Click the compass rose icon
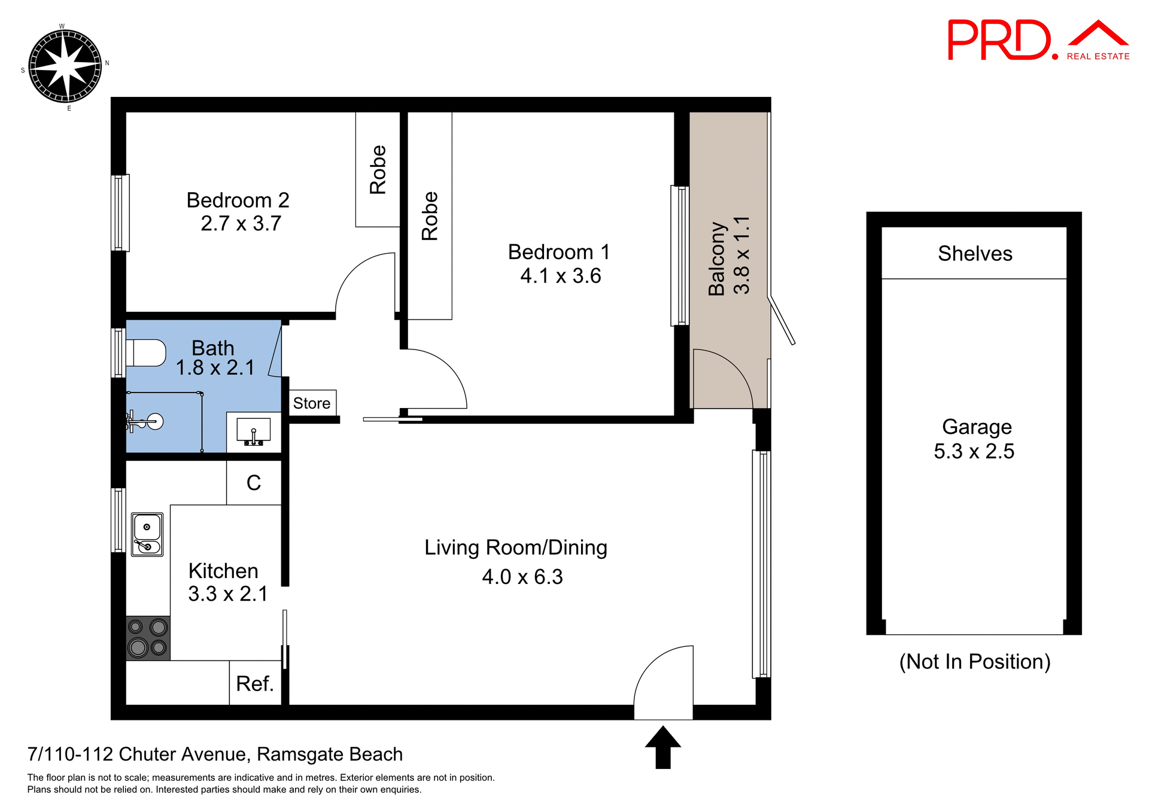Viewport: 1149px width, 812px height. pos(65,66)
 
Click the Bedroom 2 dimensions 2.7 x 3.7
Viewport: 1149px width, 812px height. pos(241,224)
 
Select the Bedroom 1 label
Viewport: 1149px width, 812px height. pos(559,252)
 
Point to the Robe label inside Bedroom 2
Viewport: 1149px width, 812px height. pos(378,169)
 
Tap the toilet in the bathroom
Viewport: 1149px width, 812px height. pos(146,352)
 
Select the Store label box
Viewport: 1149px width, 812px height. pos(312,403)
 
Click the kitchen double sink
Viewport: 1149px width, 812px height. pos(147,534)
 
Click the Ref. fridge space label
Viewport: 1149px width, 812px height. pos(255,683)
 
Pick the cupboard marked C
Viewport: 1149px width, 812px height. pos(254,483)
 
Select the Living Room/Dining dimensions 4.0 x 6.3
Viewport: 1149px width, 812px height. pos(522,577)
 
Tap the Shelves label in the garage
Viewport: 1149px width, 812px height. pos(975,254)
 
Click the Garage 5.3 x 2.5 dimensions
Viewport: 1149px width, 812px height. pos(974,451)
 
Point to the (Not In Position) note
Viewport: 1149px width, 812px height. pos(975,662)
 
